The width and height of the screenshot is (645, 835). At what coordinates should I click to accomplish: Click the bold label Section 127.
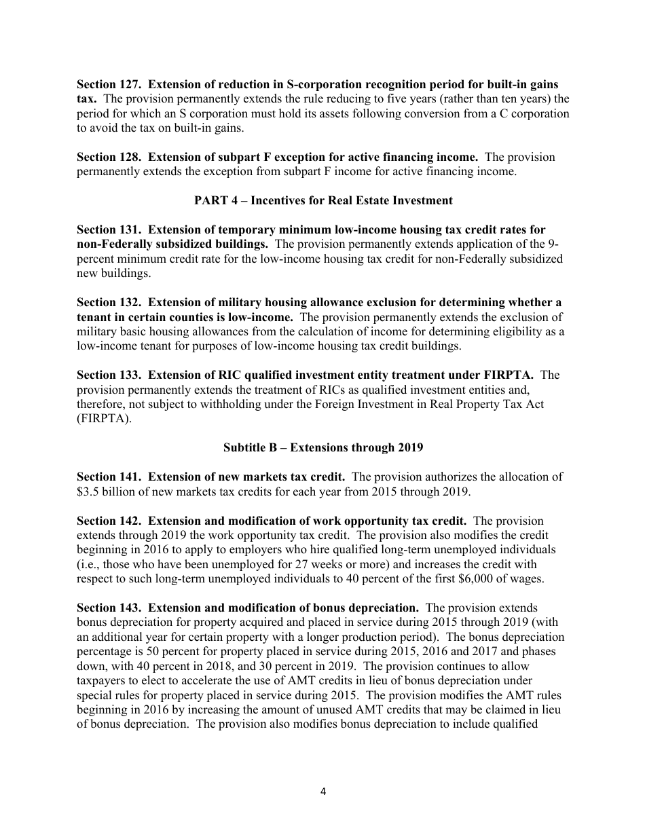point(109,84)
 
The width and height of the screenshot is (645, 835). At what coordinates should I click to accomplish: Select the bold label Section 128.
point(109,157)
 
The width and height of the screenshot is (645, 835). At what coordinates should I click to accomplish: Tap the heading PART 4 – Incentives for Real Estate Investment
point(323,200)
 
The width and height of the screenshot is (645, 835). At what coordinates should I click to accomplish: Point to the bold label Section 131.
point(109,229)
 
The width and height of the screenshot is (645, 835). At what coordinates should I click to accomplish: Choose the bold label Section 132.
point(109,302)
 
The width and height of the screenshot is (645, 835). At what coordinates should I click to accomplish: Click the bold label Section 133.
point(109,375)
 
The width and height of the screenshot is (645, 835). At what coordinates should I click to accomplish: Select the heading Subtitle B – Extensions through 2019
point(323,447)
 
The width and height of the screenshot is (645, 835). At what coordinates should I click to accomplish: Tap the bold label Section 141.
point(109,477)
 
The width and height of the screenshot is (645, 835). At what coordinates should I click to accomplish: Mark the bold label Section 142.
point(109,521)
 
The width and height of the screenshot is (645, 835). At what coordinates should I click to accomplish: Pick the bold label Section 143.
point(109,608)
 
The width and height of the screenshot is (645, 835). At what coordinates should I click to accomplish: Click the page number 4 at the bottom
point(323,791)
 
